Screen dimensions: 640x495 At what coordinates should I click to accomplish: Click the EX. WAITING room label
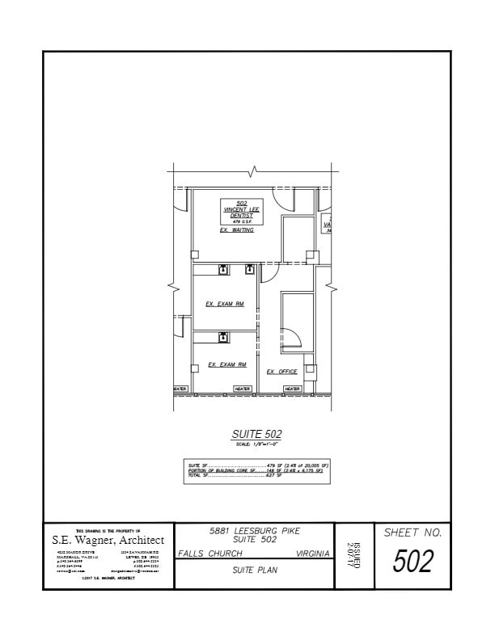tap(237, 230)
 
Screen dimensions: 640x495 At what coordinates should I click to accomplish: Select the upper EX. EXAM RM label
tap(225, 304)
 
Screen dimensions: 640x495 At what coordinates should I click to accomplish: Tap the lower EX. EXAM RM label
tap(226, 365)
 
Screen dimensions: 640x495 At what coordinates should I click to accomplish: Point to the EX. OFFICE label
tap(282, 372)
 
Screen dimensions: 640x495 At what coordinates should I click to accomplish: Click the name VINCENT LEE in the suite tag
tap(242, 209)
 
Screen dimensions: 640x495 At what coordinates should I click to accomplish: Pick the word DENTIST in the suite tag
tap(242, 215)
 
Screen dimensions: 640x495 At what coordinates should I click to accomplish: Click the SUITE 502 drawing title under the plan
tap(256, 435)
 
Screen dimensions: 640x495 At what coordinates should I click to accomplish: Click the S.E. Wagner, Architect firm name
tap(108, 540)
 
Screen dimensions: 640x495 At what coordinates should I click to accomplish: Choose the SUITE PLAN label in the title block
tap(254, 571)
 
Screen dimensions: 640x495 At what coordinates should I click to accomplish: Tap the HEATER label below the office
tap(293, 389)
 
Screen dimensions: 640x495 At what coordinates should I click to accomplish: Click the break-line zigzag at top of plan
tap(254, 171)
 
